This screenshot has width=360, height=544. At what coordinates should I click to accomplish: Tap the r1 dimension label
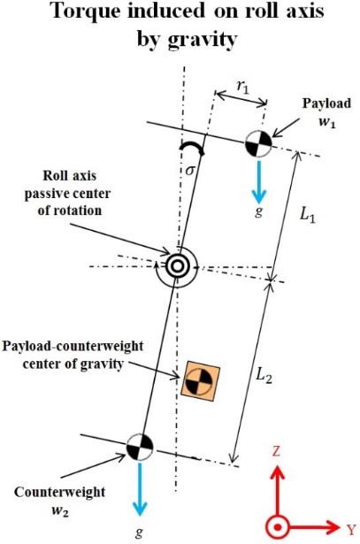coord(242,87)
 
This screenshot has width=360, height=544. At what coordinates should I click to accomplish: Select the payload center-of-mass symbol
coord(258,144)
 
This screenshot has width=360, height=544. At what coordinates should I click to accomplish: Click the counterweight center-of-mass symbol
coord(139,447)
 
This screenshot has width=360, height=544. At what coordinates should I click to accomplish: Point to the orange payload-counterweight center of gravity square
coord(201,381)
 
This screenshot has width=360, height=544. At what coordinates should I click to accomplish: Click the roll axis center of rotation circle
coord(177,266)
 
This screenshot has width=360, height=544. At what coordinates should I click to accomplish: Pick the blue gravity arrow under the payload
coord(259,182)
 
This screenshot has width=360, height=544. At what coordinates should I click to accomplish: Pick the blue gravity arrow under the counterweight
coord(140,489)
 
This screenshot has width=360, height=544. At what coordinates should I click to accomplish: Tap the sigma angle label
coord(189,171)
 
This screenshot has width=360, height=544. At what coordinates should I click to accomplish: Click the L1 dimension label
coord(308,216)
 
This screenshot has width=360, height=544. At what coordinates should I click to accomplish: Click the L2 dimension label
coord(264,375)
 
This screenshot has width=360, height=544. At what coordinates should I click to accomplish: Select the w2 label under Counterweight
coord(60,511)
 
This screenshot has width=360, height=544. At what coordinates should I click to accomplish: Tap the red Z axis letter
coord(276,451)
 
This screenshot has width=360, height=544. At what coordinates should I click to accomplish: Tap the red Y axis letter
coord(351,530)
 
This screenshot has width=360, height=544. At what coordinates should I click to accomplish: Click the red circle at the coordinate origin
coord(278,528)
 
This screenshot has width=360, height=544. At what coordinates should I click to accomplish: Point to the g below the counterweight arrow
coord(140,532)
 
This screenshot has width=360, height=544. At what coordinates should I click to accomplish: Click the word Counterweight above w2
coord(59,493)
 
